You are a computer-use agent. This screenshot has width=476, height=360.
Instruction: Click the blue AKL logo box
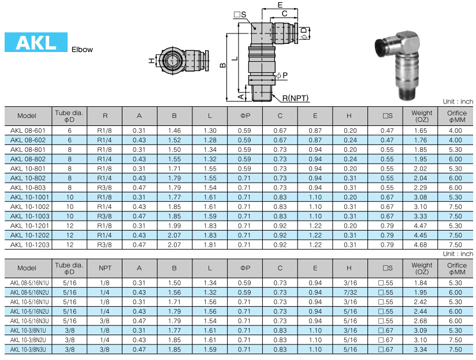[x=36, y=42]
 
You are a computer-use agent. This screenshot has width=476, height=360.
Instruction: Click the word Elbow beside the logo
[x=82, y=50]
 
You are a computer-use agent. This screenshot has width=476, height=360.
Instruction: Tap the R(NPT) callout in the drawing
[x=295, y=98]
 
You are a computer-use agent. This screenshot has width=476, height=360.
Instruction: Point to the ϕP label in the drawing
[x=282, y=75]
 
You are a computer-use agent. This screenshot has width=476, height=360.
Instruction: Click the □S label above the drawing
[x=240, y=14]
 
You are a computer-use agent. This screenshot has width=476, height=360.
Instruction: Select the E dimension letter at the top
[x=280, y=5]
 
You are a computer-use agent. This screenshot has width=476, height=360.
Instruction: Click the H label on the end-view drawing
[x=151, y=61]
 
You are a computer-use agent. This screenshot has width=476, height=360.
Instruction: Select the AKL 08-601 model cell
[x=28, y=131]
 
